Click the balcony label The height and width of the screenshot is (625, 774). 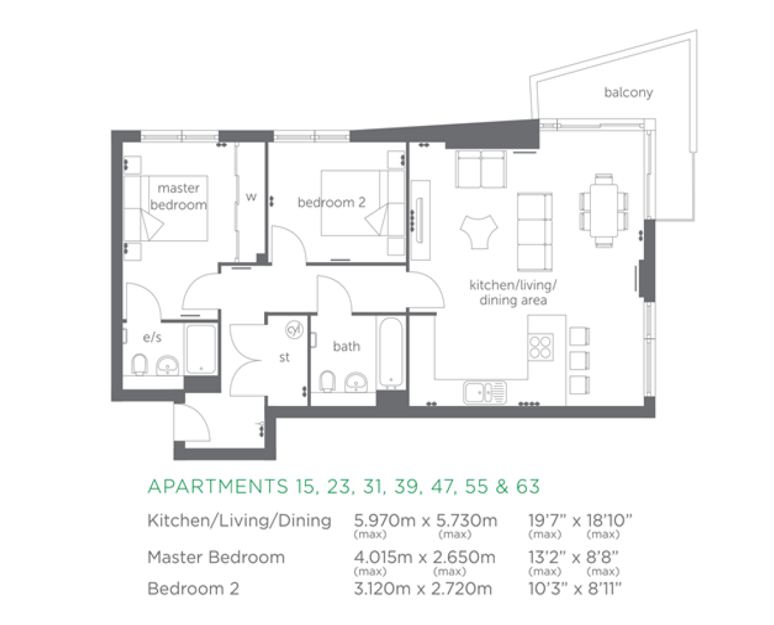point(628,92)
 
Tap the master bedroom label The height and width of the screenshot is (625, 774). point(178,196)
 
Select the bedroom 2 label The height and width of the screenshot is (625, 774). point(331,202)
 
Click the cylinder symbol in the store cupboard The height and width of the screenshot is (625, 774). point(294,330)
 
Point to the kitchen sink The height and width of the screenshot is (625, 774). point(484,392)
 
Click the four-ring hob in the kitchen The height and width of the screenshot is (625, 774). point(541,346)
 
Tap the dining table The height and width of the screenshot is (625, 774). point(604,209)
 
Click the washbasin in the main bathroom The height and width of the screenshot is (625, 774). point(356,381)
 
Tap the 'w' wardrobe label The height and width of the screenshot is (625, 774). point(251,197)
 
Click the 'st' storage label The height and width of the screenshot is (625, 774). point(284,357)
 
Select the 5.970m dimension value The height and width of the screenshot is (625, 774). point(385,521)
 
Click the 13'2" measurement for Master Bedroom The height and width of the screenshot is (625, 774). point(544,556)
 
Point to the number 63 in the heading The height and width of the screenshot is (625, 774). point(528,487)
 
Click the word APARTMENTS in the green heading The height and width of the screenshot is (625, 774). point(213,487)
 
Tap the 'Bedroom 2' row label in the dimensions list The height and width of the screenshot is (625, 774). point(193,589)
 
